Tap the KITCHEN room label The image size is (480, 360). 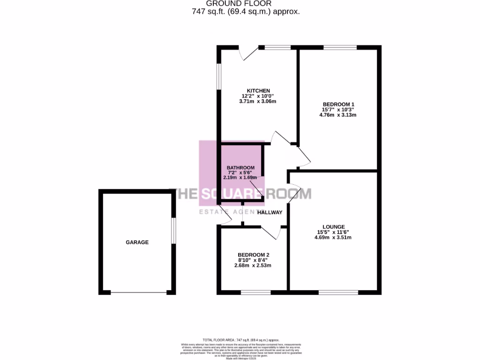tap(258, 90)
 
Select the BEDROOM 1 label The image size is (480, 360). tap(338, 104)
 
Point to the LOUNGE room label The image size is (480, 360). tap(333, 226)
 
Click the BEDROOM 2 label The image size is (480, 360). tap(253, 255)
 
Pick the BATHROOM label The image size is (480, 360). tap(240, 167)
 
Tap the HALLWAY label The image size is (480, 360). tap(270, 212)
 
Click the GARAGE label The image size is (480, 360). tap(137, 242)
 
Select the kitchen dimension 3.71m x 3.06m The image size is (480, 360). tap(258, 101)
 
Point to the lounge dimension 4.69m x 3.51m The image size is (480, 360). tap(333, 237)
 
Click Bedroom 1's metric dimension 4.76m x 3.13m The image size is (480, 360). tap(338, 115)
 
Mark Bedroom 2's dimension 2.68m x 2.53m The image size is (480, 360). tap(253, 266)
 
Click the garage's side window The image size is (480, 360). tap(173, 231)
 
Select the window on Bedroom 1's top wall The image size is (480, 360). tap(339, 47)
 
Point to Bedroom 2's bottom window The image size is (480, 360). tap(255, 292)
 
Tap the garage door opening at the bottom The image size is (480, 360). tap(138, 292)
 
